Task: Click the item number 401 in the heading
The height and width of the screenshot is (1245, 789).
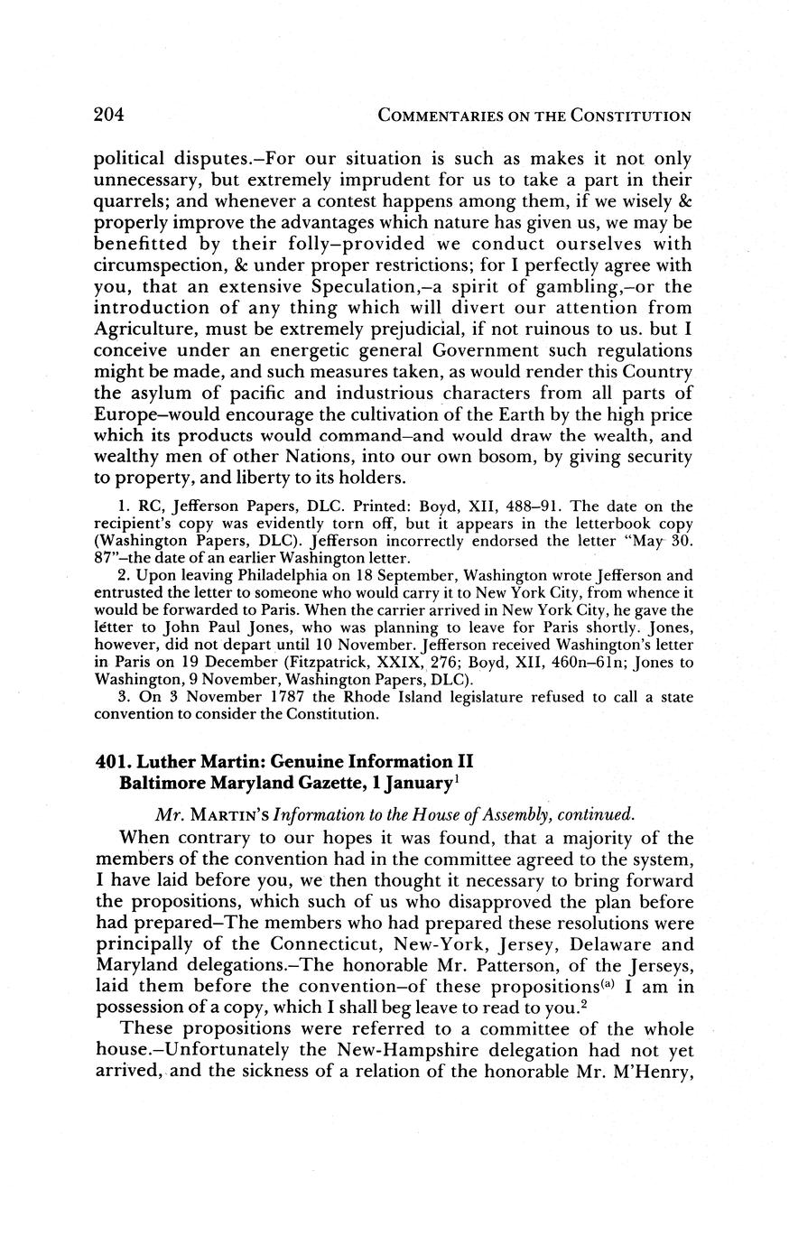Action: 110,760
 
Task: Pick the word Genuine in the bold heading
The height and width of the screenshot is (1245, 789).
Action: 309,760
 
